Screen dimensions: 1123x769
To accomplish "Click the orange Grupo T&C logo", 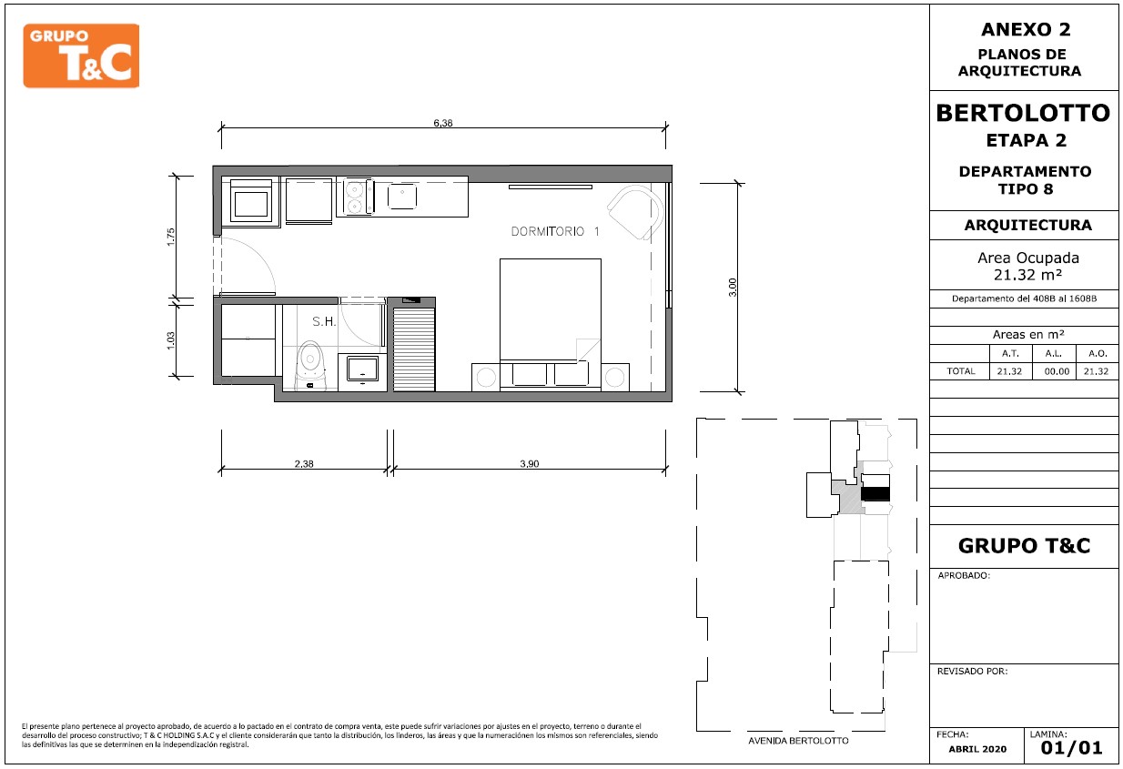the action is tap(81, 56).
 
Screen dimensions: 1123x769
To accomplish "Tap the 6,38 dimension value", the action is tap(443, 123).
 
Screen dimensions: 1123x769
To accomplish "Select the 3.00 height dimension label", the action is tap(733, 288).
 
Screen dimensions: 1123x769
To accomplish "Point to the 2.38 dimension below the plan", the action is tap(304, 464).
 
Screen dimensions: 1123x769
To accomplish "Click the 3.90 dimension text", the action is tap(530, 464).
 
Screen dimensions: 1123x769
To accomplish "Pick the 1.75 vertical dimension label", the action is tap(171, 237).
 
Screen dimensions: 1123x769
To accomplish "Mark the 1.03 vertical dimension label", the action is tap(171, 340).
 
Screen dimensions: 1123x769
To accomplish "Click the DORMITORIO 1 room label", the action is tap(555, 231).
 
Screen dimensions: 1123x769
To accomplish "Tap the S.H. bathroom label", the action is tap(324, 321).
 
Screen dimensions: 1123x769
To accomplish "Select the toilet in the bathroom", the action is tap(310, 365).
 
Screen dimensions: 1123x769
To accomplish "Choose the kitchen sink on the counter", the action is tap(402, 197).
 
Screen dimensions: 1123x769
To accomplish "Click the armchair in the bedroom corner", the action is tap(636, 212).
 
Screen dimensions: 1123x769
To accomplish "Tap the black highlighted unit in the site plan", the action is tap(875, 494).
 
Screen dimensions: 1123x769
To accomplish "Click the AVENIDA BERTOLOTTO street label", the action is tap(798, 741).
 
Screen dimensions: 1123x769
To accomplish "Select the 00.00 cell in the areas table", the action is tap(1057, 371).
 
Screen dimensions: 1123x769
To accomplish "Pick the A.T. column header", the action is tap(1010, 353).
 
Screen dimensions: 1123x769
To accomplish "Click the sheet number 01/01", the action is tap(1071, 747).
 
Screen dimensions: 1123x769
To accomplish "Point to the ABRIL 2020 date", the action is tap(977, 749).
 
